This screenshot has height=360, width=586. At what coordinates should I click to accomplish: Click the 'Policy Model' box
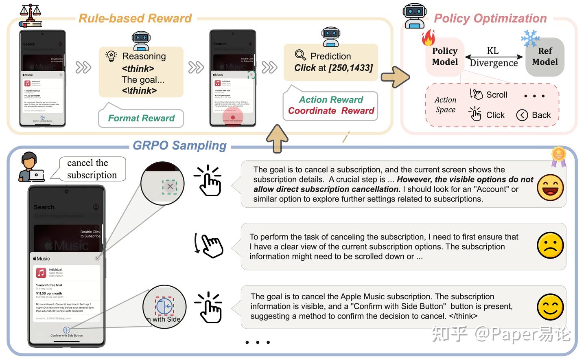click(445, 57)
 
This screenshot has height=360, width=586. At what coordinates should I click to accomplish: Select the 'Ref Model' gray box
click(545, 57)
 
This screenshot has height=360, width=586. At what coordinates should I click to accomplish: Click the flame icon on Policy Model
click(428, 38)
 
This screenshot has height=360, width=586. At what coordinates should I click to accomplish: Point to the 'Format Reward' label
click(141, 118)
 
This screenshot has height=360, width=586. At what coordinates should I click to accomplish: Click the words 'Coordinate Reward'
click(331, 111)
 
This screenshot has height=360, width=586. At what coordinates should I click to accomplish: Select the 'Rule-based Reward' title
click(135, 18)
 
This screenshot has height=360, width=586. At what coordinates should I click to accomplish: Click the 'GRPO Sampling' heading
click(179, 145)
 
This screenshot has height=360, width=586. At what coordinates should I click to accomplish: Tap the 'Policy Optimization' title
click(490, 18)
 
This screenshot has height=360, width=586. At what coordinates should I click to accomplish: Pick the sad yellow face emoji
click(550, 246)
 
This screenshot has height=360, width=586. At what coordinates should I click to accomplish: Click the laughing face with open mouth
click(550, 187)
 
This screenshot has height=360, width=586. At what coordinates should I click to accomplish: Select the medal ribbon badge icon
click(558, 156)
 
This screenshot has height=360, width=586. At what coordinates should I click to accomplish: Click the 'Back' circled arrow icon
click(522, 115)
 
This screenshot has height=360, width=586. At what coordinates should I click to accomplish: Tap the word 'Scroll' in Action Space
click(496, 95)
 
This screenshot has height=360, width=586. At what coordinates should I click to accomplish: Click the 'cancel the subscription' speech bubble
click(92, 169)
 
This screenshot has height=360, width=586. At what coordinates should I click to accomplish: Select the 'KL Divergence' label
click(493, 57)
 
